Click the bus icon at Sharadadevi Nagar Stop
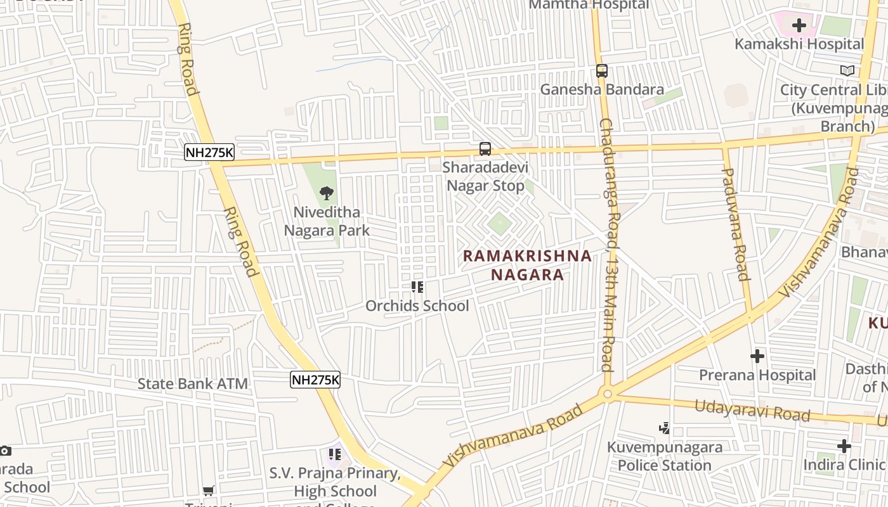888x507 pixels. [x=485, y=150]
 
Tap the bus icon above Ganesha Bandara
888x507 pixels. [x=602, y=72]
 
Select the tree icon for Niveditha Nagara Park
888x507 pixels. [x=327, y=193]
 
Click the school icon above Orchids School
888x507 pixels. [x=417, y=287]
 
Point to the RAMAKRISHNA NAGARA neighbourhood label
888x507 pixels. [x=527, y=265]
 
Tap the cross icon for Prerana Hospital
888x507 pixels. [x=757, y=356]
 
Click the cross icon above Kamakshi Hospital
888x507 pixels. [x=799, y=25]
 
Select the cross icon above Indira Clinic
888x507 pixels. [x=844, y=446]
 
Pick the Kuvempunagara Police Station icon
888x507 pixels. [x=664, y=428]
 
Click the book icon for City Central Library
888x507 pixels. [x=847, y=71]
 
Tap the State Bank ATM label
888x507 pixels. [x=193, y=383]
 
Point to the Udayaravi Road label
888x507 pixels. [x=752, y=411]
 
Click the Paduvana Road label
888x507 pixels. [x=735, y=224]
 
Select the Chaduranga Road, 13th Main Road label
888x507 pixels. [x=608, y=244]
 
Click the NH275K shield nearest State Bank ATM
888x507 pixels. [x=315, y=380]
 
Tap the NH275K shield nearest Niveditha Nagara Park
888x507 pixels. [x=209, y=152]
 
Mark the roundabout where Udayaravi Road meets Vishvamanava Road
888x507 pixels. [x=608, y=394]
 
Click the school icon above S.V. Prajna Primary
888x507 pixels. [x=334, y=454]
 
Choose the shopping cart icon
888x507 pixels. [x=208, y=490]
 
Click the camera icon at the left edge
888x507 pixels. [x=5, y=451]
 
